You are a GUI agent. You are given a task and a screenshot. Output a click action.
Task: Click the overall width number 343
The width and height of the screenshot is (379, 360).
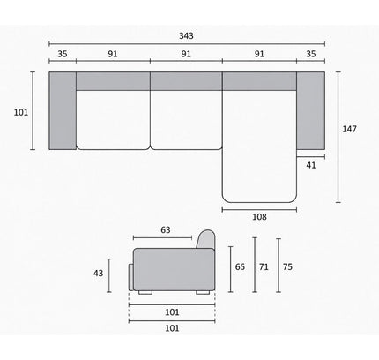(186, 35)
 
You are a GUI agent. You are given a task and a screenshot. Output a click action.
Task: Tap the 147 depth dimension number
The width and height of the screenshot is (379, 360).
(349, 129)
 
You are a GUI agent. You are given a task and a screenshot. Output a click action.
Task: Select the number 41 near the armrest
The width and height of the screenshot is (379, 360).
(311, 165)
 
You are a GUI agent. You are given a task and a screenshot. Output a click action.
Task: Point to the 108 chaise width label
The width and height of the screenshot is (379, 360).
(259, 217)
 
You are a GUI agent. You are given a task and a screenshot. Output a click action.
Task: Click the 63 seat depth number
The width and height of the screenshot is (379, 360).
(166, 229)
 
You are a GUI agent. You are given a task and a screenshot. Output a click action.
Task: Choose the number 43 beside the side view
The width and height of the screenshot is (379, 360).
(98, 274)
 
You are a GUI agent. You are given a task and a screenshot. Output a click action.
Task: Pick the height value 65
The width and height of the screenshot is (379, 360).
(240, 266)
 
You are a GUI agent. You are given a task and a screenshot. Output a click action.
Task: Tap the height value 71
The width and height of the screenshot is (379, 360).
(264, 266)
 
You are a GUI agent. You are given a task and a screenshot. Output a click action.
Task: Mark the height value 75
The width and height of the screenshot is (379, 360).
(287, 266)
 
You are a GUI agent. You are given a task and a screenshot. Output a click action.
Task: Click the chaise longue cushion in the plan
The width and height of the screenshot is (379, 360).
(259, 146)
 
